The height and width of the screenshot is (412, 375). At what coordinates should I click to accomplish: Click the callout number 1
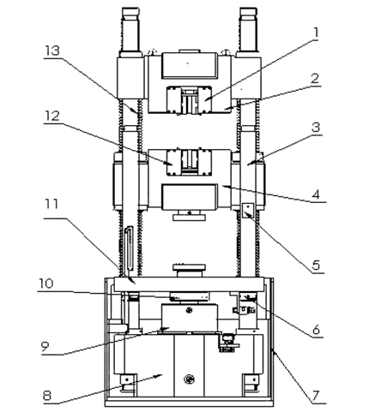tap(315, 33)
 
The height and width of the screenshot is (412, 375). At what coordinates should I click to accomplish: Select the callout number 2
tap(315, 78)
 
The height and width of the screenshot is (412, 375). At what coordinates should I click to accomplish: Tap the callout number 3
tap(316, 128)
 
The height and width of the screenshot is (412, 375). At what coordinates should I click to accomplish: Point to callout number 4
tap(316, 194)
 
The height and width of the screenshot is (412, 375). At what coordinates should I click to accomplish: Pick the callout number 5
tap(316, 266)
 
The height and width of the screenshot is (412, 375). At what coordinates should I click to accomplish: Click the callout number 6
tap(316, 330)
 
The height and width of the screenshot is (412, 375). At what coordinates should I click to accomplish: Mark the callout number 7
tap(315, 396)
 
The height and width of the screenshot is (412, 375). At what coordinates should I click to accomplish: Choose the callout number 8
tap(47, 396)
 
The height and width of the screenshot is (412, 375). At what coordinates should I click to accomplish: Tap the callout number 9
tap(45, 347)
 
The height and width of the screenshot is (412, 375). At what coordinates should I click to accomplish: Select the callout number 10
tap(46, 284)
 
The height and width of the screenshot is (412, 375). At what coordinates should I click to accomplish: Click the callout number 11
tap(51, 204)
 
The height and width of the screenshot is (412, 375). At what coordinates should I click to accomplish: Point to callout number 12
tap(51, 116)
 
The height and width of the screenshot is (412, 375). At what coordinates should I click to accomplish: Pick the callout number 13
tap(51, 51)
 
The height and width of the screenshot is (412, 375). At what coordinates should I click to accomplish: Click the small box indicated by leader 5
tap(248, 210)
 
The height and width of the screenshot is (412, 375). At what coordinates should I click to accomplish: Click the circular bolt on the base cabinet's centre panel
tap(189, 379)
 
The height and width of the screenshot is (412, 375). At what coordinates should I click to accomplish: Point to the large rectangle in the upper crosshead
tap(189, 65)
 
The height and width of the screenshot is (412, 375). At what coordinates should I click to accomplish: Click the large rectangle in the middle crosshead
tap(189, 197)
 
